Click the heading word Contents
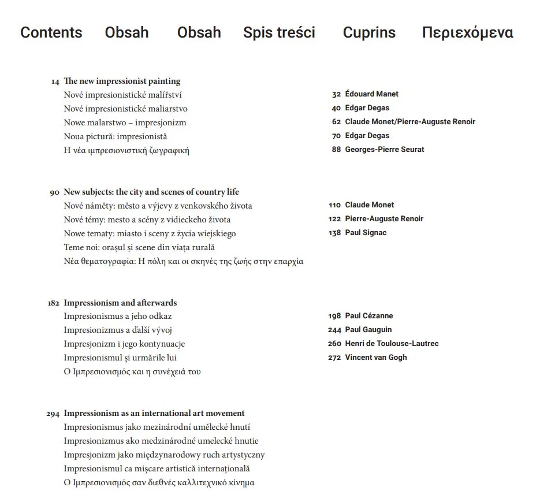point(51,32)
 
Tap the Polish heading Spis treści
point(279,32)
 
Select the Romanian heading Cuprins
point(369,32)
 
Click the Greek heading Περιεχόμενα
point(467,32)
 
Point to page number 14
point(55,81)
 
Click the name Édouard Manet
point(371,94)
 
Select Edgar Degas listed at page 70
point(367,136)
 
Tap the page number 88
point(336,150)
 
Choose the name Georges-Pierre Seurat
point(384,150)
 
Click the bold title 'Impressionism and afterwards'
point(120,303)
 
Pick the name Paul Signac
point(366,233)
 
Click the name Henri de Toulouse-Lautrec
point(392,344)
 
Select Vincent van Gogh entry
point(375,358)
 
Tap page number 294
point(53,414)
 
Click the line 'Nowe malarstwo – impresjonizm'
point(125,122)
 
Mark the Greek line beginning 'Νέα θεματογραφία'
point(183,261)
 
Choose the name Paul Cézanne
point(368,316)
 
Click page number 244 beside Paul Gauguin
point(334,330)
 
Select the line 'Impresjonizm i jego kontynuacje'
point(124,344)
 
